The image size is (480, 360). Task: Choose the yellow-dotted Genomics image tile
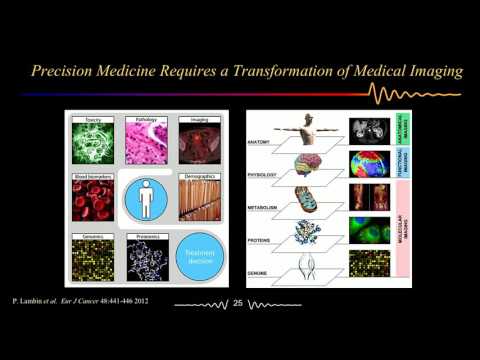[x=93, y=258]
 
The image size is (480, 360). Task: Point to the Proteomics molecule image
[x=147, y=258]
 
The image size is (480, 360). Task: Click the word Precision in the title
[x=64, y=71]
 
